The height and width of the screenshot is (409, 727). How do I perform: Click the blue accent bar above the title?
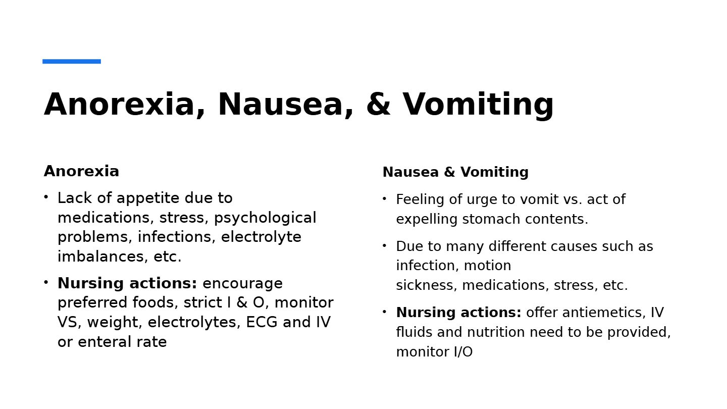[x=72, y=62]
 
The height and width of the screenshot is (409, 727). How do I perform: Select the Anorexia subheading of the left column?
[x=81, y=171]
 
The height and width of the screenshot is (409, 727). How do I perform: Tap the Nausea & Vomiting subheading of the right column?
[x=455, y=172]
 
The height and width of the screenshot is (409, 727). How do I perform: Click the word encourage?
[x=242, y=283]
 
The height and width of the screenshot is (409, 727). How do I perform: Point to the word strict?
[x=197, y=302]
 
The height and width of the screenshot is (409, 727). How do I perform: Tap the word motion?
[x=487, y=266]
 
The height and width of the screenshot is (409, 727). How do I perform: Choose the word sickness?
[x=426, y=285]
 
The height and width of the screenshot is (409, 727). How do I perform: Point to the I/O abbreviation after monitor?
[x=462, y=352]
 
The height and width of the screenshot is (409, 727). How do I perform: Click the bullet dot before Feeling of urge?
[x=385, y=199]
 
